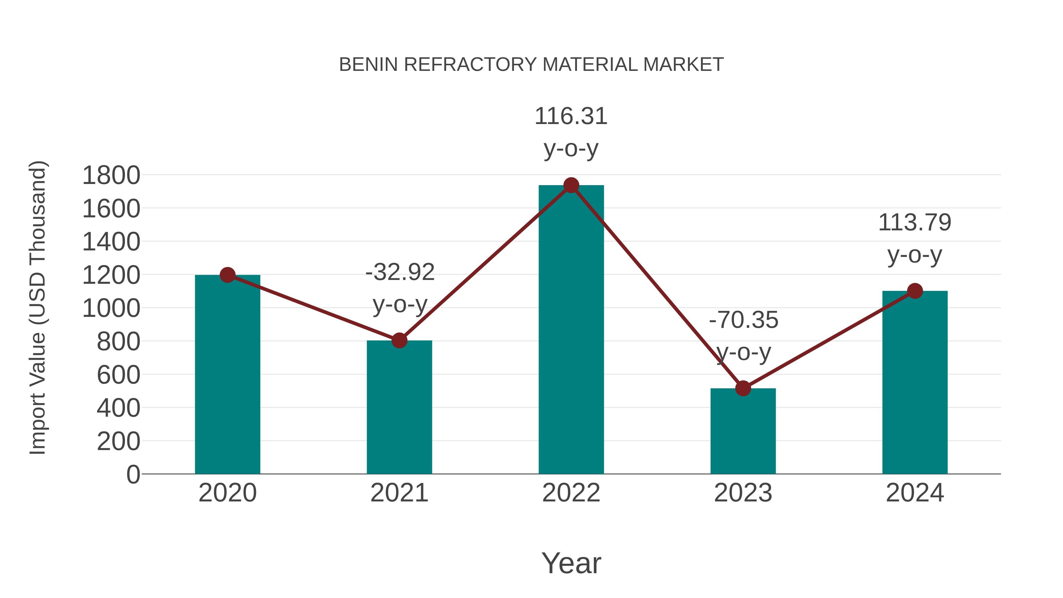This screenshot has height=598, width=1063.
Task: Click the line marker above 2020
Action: (227, 275)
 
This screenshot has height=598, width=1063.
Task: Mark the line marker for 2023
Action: (743, 388)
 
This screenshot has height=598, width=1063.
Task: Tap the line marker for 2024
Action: (915, 291)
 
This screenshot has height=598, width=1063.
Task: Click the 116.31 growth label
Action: (571, 116)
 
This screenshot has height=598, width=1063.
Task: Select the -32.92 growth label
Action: (400, 272)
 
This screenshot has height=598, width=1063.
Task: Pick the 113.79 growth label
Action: (915, 223)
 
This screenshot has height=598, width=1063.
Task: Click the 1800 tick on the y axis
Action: (111, 175)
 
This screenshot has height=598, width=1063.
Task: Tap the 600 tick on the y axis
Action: (118, 375)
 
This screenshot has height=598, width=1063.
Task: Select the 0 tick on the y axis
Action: (133, 475)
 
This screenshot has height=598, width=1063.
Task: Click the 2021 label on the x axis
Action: (399, 493)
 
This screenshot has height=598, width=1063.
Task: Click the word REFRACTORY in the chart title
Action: (470, 65)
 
